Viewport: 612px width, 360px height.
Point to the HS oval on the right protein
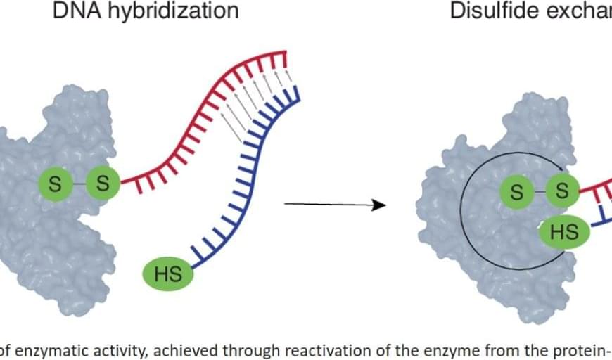563,231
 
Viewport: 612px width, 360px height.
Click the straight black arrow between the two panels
335,205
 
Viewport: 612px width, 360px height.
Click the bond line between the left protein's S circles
79,184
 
